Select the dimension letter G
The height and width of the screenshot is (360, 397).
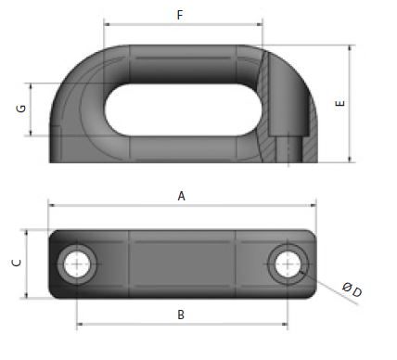pyautogui.click(x=19, y=109)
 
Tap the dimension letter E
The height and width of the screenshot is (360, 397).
pyautogui.click(x=340, y=104)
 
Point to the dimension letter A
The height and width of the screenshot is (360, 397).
pyautogui.click(x=182, y=196)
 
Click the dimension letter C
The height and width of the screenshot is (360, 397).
pyautogui.click(x=15, y=264)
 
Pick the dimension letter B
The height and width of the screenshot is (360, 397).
pyautogui.click(x=182, y=315)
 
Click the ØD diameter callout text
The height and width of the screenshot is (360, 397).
pyautogui.click(x=352, y=291)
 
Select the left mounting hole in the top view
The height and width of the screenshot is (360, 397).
pyautogui.click(x=75, y=264)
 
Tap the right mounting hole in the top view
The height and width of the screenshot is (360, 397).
pyautogui.click(x=288, y=264)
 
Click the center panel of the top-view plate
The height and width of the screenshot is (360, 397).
pyautogui.click(x=181, y=264)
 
